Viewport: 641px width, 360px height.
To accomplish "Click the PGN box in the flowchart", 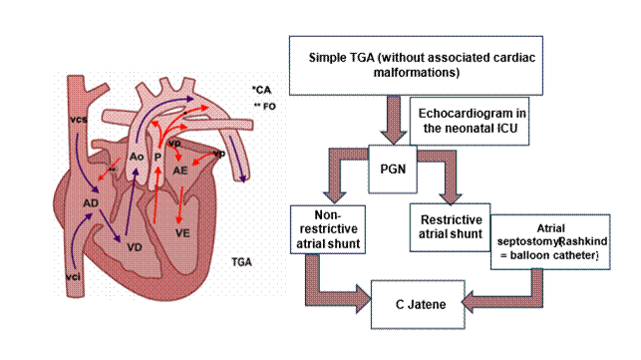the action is tap(393, 169).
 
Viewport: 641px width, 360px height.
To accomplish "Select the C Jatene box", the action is tap(418, 304).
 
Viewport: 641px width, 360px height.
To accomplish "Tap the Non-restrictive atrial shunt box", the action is tap(328, 229).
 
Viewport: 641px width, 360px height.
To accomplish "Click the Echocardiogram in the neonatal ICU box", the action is tap(470, 121).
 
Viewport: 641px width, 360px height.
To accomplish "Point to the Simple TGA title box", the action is tap(416, 66).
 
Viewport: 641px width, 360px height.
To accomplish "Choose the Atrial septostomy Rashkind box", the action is tap(550, 241).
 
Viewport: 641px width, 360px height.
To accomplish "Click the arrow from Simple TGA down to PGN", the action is tap(393, 120).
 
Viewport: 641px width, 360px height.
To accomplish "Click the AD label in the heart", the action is tap(91, 202).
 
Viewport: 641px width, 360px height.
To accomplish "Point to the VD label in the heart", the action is tap(135, 247).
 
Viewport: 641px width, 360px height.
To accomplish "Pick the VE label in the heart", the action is tap(182, 232).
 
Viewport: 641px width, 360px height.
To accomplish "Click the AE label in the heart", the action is tap(180, 171).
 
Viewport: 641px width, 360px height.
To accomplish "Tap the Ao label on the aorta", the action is tap(137, 157).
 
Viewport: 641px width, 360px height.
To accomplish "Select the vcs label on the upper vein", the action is tap(79, 120).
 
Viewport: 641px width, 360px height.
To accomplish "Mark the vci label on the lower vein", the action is tap(73, 277).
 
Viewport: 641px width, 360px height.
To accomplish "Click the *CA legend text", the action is tap(261, 90).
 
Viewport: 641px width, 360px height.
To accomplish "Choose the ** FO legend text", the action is tap(265, 107).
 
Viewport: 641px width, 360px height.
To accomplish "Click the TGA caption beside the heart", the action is tap(241, 262).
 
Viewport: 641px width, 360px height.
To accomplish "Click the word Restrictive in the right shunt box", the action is tap(452, 220).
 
